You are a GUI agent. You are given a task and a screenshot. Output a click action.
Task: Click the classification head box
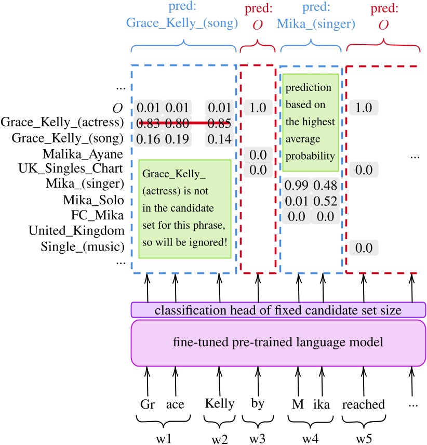[277, 310]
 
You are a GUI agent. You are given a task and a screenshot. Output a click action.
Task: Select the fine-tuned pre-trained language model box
[277, 343]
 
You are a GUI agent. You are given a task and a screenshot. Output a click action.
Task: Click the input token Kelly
[220, 404]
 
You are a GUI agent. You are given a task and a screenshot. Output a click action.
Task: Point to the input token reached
[364, 404]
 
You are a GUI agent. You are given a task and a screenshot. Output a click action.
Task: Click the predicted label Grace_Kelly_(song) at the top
[182, 24]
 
